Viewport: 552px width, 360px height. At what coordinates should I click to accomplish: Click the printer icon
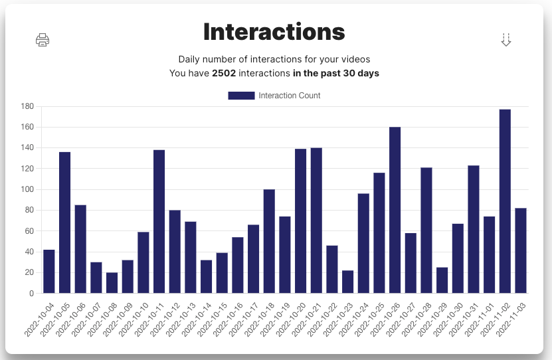[x=43, y=40]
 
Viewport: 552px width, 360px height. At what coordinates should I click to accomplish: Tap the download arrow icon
[x=506, y=40]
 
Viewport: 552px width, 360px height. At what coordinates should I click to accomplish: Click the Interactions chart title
[x=274, y=31]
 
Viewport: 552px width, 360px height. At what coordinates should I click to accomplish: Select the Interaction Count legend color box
[x=241, y=96]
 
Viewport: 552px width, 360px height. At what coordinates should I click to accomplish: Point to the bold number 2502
[x=224, y=73]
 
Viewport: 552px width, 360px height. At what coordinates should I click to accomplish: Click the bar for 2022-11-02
[x=505, y=201]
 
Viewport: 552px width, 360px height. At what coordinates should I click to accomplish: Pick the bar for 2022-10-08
[x=112, y=282]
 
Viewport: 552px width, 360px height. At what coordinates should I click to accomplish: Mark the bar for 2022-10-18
[x=269, y=241]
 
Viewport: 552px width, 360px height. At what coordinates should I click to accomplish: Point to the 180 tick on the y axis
[x=27, y=106]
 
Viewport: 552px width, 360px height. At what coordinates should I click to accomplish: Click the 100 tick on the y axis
[x=27, y=189]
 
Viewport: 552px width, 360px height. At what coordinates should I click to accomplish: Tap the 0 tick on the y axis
[x=31, y=294]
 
